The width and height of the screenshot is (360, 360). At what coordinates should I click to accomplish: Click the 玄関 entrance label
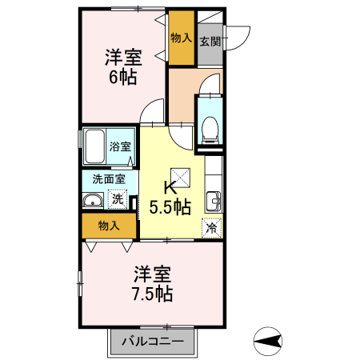pyautogui.click(x=210, y=42)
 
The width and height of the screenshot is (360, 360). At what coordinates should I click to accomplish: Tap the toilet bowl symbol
pyautogui.click(x=210, y=130)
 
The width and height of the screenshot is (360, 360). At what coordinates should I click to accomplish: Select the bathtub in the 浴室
pyautogui.click(x=94, y=146)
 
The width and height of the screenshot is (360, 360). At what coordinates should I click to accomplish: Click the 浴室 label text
pyautogui.click(x=120, y=146)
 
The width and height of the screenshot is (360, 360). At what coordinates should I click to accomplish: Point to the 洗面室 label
pyautogui.click(x=109, y=179)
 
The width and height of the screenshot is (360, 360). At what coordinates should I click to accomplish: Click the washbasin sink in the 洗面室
pyautogui.click(x=93, y=200)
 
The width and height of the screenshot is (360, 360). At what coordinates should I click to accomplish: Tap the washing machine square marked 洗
pyautogui.click(x=118, y=199)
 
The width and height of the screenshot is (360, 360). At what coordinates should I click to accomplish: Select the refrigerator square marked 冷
pyautogui.click(x=212, y=227)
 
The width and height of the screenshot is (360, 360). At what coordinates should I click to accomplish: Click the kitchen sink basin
pyautogui.click(x=214, y=202)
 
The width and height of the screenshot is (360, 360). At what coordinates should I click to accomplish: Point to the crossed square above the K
pyautogui.click(x=181, y=178)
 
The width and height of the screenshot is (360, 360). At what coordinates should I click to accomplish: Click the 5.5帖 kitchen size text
pyautogui.click(x=170, y=207)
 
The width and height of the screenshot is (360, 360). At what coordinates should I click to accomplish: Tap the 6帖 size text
pyautogui.click(x=123, y=77)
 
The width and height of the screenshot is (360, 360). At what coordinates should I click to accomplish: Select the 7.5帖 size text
pyautogui.click(x=153, y=294)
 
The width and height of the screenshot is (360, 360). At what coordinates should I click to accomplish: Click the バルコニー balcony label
pyautogui.click(x=153, y=341)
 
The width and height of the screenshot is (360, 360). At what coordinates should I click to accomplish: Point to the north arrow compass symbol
pyautogui.click(x=267, y=341)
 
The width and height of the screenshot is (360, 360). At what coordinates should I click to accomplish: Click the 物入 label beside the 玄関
pyautogui.click(x=182, y=38)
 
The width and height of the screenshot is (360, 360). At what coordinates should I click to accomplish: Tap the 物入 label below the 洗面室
pyautogui.click(x=109, y=226)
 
